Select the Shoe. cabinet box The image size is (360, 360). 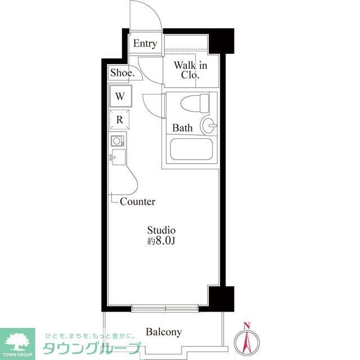click(122, 73)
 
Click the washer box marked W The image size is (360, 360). click(120, 96)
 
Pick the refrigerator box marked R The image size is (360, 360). click(120, 119)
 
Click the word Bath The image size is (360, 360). click(182, 128)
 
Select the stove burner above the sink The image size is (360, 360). click(118, 141)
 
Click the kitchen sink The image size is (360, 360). click(118, 156)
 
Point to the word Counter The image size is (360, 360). click(137, 201)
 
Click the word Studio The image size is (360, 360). click(161, 230)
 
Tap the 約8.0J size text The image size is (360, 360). click(161, 241)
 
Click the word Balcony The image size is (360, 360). click(164, 332)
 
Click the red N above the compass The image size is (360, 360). click(246, 325)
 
